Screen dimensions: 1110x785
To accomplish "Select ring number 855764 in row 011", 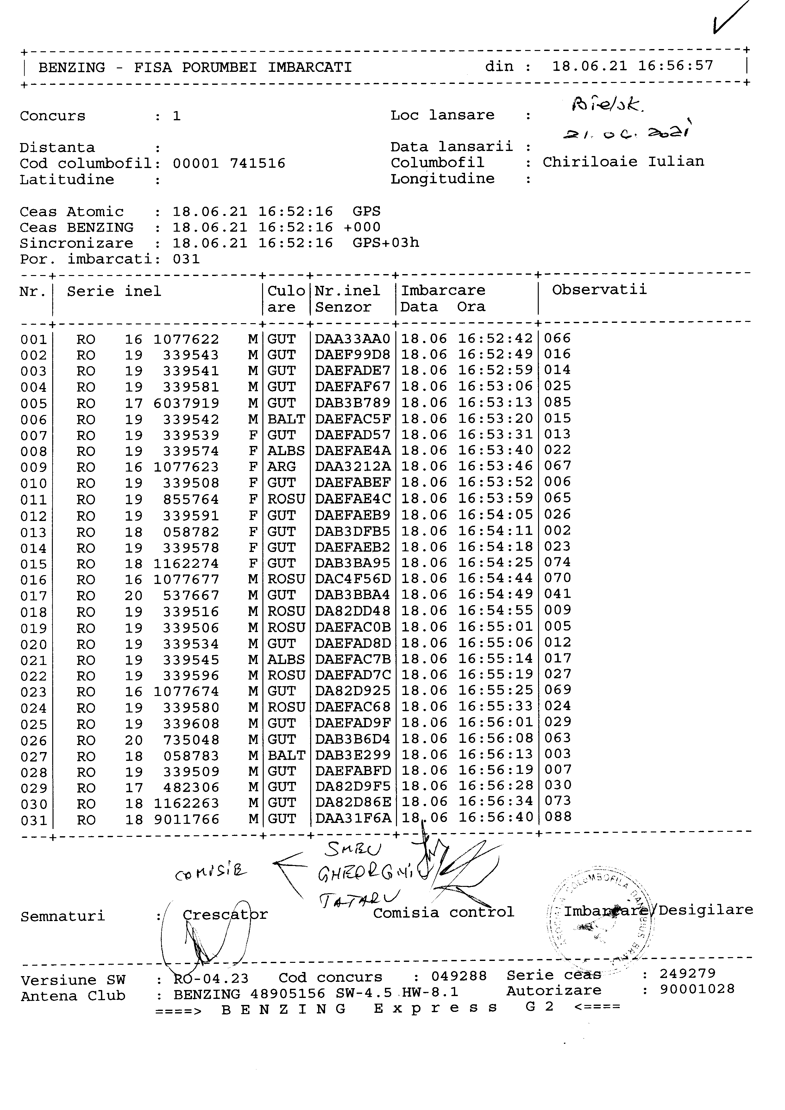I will (191, 499).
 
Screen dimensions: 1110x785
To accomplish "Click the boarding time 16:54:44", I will (495, 579).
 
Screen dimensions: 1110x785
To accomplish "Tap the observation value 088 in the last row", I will (558, 817).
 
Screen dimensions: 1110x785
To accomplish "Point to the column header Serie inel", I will (114, 292).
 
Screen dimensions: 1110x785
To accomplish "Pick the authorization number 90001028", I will (697, 989).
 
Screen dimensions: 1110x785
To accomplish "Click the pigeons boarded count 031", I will (186, 260).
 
